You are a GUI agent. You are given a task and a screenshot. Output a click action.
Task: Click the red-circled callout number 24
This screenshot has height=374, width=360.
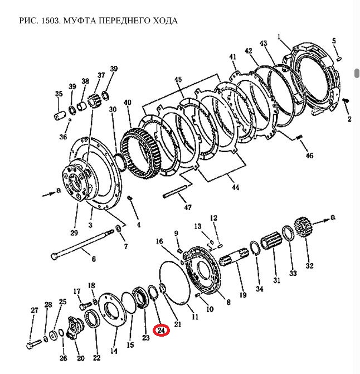tap(162, 331)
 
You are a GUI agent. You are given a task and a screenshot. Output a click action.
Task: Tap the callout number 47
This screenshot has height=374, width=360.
tap(187, 208)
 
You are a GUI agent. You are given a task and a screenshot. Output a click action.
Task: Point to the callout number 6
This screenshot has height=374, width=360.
tap(94, 259)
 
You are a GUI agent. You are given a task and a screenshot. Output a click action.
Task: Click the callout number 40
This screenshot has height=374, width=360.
tap(127, 103)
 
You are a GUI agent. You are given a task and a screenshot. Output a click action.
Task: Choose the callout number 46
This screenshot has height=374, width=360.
tap(309, 156)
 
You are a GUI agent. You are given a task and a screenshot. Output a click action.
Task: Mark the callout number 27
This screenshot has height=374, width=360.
tap(34, 310)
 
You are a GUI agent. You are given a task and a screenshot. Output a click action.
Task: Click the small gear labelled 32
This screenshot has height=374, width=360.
tap(301, 228)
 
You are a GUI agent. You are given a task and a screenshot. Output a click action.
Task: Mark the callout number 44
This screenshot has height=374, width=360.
tap(235, 188)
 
